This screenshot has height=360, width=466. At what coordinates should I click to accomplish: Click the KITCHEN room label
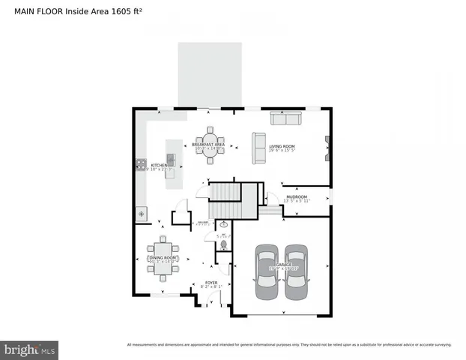[159, 165]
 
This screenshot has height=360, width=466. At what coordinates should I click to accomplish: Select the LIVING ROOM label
[282, 147]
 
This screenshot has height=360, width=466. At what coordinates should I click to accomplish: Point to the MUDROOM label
[297, 196]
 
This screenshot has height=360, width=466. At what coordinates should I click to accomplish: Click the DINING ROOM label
[162, 257]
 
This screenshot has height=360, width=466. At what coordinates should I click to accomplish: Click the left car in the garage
[264, 271]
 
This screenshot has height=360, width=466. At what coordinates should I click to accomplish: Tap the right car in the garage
[297, 271]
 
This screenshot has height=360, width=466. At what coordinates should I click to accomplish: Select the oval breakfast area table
[210, 142]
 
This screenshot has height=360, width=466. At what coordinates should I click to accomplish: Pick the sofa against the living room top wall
[285, 118]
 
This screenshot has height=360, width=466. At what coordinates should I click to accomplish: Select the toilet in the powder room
[223, 243]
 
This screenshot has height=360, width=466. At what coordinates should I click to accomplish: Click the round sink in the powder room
[223, 223]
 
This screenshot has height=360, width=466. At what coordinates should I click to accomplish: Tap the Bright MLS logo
[30, 349]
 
